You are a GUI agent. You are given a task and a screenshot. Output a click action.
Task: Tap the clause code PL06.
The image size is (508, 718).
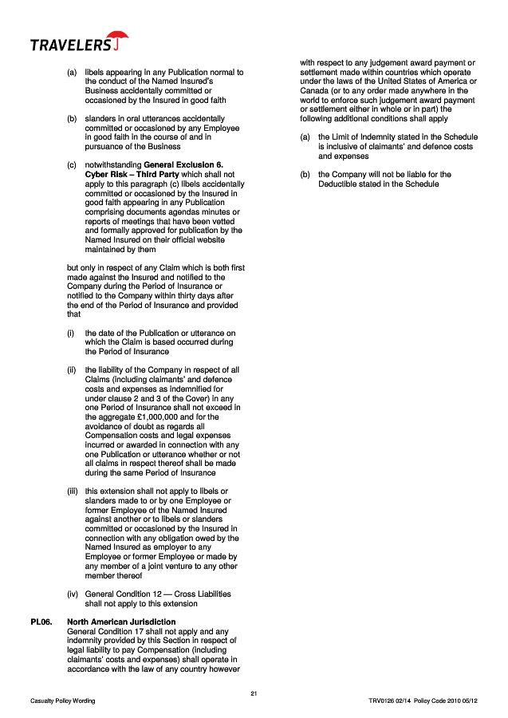point(41,621)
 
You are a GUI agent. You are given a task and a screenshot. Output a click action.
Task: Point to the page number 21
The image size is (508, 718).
point(254,692)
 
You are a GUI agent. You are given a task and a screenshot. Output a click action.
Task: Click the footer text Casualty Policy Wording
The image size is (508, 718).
point(62,700)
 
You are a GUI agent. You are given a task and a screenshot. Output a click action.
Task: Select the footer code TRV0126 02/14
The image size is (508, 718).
point(388,700)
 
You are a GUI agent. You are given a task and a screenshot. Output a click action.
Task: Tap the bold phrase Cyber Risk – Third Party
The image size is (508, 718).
point(124,174)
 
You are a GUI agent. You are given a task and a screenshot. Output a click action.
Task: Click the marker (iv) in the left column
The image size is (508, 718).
point(72,594)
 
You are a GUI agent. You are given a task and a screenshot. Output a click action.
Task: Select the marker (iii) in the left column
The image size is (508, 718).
point(72,491)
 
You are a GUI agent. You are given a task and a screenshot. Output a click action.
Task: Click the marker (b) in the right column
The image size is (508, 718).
point(305,174)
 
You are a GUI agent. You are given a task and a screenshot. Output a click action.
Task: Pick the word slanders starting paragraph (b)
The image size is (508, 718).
point(101,119)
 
